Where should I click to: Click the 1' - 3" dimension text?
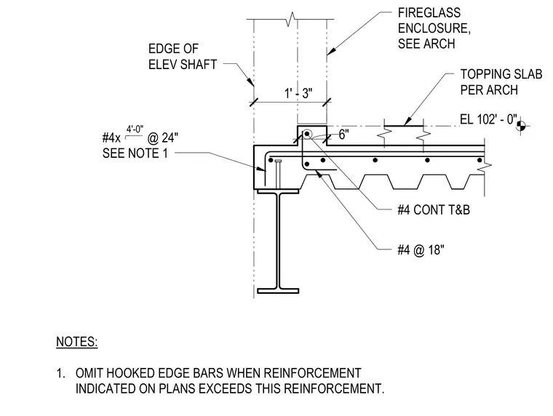coord(298,93)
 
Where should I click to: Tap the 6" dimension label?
coord(344,135)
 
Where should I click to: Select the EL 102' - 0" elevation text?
coord(488,119)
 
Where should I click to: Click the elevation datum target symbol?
coord(521,126)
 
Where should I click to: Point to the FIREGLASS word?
coord(429,12)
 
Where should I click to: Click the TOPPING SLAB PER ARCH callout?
coord(501,81)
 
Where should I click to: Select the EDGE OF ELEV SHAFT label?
coord(183,57)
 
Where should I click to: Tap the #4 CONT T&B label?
coord(434,209)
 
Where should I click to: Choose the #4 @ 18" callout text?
coord(421,250)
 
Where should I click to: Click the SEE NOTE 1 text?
coord(135,153)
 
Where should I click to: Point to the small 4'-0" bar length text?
coord(135,129)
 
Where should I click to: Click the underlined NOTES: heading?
coord(77,342)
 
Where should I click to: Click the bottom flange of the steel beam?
coord(278,291)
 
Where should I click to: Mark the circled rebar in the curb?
coord(307,134)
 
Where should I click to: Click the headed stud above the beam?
coord(278,174)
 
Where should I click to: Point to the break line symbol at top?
coord(290,19)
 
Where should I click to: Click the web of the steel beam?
coord(278,241)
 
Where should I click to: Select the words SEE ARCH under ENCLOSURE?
coord(426,44)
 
